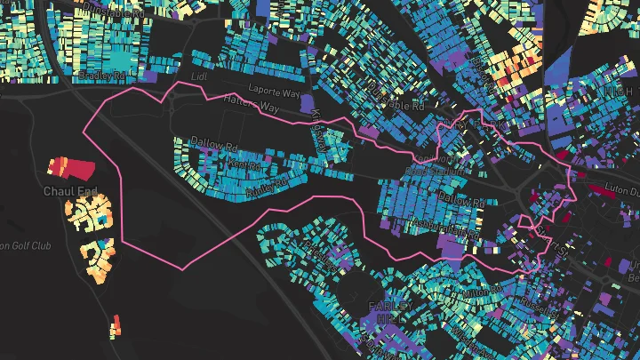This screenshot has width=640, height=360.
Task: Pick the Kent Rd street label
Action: [x=243, y=165]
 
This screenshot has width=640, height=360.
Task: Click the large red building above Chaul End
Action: [x=66, y=167]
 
